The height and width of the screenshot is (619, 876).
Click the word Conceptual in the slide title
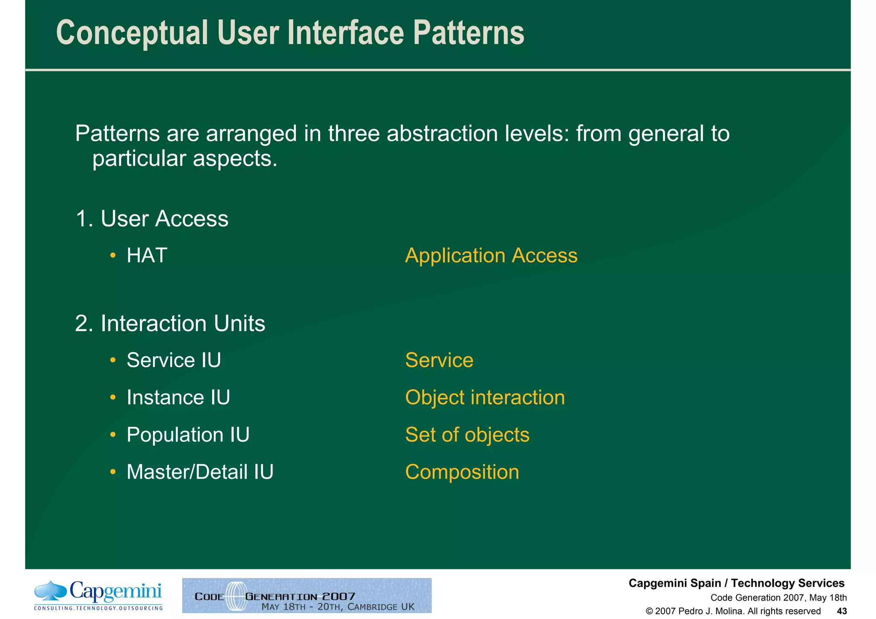(132, 33)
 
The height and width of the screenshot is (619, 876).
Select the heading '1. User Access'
(152, 219)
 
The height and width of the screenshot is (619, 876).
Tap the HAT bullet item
(147, 256)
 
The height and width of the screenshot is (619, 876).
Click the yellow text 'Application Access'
(491, 256)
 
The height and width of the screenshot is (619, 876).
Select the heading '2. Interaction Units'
(170, 323)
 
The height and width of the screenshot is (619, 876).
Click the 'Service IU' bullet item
(174, 360)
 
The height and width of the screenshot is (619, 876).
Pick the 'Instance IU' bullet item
(178, 397)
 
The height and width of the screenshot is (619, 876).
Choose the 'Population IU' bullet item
(188, 435)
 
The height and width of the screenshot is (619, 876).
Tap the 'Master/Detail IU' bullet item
(200, 472)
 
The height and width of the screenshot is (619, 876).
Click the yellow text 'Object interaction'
(485, 397)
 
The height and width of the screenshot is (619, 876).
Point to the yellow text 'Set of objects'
(467, 435)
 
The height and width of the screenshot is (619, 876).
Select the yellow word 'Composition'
(462, 472)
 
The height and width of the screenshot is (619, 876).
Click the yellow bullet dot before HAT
(113, 256)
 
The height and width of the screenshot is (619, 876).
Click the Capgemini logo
(98, 595)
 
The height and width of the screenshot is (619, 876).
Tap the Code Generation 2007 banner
(307, 595)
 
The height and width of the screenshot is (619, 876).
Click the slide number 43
(841, 611)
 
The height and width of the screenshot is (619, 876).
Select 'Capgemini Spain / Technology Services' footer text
(736, 583)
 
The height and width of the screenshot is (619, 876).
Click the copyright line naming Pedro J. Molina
(733, 611)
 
